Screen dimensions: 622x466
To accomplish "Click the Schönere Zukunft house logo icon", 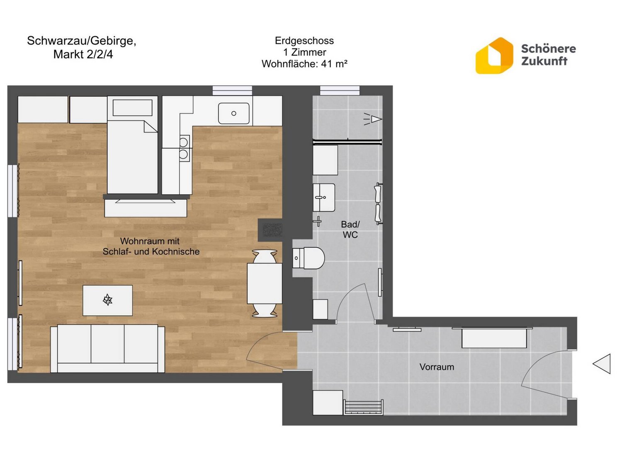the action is click(494, 56).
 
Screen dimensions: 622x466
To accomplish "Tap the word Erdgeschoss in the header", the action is click(304, 41).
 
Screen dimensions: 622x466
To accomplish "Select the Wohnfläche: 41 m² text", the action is click(304, 64).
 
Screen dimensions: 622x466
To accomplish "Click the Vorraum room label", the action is click(436, 367).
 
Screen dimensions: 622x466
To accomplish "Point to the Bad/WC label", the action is click(350, 229).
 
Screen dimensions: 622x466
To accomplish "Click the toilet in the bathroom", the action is click(309, 258).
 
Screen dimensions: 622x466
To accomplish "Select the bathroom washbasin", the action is click(323, 198).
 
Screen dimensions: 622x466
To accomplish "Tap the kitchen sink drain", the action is click(233, 113).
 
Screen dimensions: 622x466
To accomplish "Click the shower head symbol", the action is click(373, 119).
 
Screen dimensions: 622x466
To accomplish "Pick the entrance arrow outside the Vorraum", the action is click(602, 364).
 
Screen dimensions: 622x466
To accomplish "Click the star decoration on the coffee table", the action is click(108, 300).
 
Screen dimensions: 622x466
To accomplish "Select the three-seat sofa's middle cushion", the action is click(108, 344).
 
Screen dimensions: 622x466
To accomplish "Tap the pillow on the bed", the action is click(133, 108).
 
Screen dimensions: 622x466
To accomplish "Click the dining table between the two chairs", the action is click(265, 283).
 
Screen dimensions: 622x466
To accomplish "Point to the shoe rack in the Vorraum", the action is click(363, 408).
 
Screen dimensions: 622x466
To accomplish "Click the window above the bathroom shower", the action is click(340, 91).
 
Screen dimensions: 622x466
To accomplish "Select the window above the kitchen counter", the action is click(232, 91).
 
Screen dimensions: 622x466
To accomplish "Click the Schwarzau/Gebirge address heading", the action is click(82, 47).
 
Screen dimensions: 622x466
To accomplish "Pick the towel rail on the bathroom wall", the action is click(379, 204).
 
